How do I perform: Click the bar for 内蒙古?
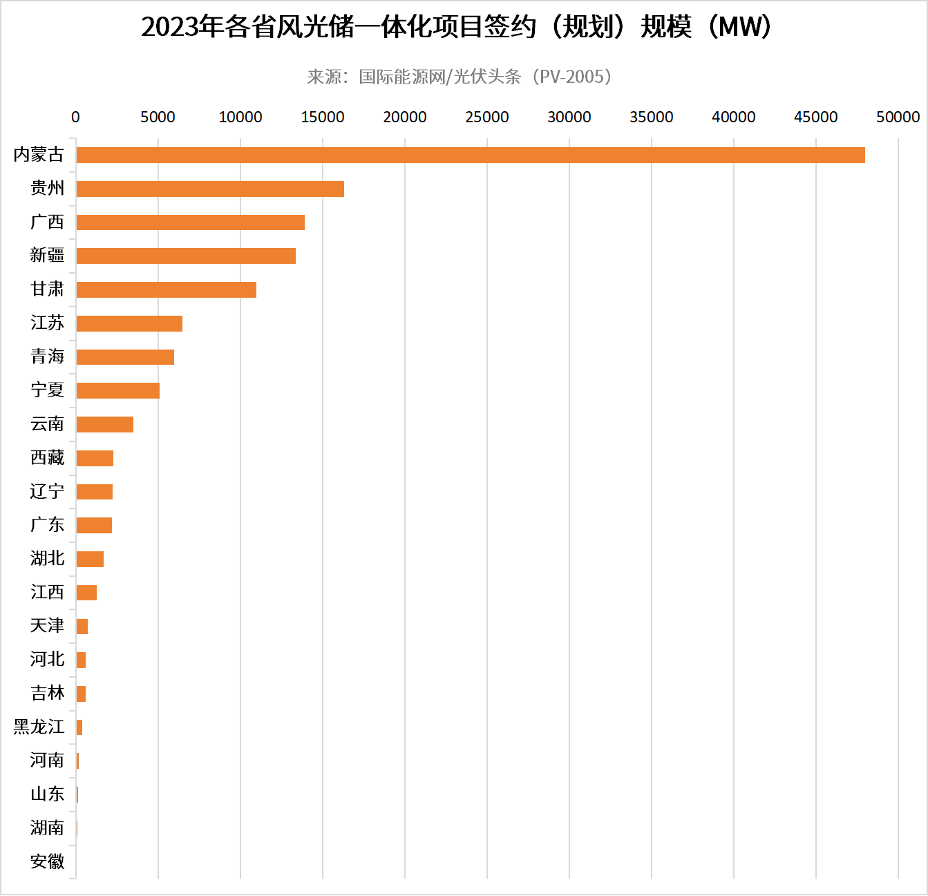tap(470, 155)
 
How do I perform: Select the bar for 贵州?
tap(210, 189)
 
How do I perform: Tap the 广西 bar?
tap(190, 222)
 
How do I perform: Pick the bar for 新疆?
tap(186, 256)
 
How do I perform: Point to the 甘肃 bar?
tap(166, 289)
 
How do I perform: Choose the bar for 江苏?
tap(129, 323)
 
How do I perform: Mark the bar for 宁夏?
tap(117, 390)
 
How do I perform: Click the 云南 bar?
tap(104, 424)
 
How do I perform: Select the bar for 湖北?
tap(90, 559)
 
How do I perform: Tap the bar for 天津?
tap(82, 627)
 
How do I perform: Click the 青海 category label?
tap(47, 356)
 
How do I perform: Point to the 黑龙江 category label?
tap(39, 727)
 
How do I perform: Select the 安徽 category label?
tap(47, 861)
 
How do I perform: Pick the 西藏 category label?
tap(47, 457)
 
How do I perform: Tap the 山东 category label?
tap(47, 794)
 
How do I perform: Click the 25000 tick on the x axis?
tap(486, 117)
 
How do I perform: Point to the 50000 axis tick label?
tap(898, 117)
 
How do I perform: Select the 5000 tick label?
tap(158, 117)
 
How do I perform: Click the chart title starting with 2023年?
tap(456, 27)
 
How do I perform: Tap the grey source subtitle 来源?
tap(460, 77)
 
